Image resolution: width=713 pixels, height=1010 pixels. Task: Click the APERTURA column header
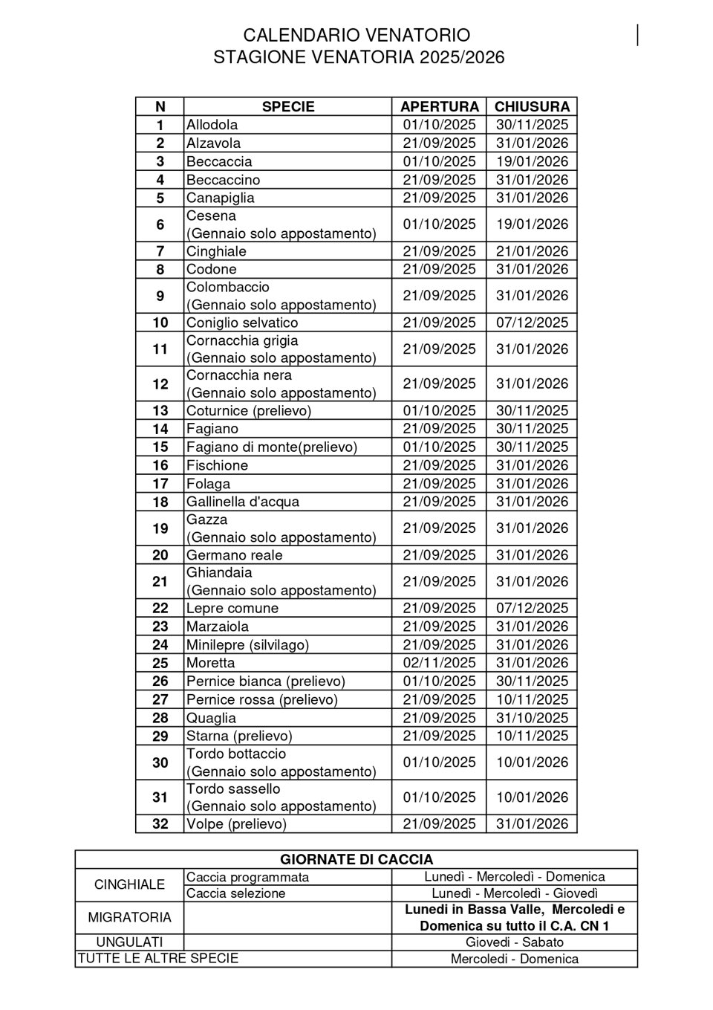(439, 106)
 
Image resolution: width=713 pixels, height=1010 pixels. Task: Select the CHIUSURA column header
(532, 106)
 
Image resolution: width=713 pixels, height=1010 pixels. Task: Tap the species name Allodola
(212, 125)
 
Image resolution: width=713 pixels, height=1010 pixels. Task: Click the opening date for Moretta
(439, 663)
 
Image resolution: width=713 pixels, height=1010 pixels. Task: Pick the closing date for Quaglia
(532, 718)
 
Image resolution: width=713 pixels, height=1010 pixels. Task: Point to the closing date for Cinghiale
(532, 251)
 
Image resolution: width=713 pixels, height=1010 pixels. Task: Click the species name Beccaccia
(219, 161)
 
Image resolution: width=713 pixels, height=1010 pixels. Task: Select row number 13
(160, 410)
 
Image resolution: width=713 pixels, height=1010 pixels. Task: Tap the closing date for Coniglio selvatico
(532, 323)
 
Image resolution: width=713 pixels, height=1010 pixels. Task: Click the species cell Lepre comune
(232, 608)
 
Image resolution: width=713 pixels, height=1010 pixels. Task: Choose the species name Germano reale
(235, 555)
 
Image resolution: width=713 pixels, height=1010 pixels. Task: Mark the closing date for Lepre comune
(532, 608)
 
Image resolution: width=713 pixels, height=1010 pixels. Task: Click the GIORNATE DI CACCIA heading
(356, 860)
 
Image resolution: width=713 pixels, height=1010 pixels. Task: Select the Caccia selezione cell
(236, 893)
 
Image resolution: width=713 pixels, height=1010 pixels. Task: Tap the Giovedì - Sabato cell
(515, 942)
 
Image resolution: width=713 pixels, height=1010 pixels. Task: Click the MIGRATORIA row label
(130, 917)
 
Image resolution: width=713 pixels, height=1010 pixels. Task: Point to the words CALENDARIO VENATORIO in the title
(356, 36)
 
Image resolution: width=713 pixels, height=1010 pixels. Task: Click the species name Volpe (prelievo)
(236, 824)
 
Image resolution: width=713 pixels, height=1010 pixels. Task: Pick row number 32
(160, 824)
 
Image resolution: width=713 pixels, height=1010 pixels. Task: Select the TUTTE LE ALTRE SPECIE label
(158, 958)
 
